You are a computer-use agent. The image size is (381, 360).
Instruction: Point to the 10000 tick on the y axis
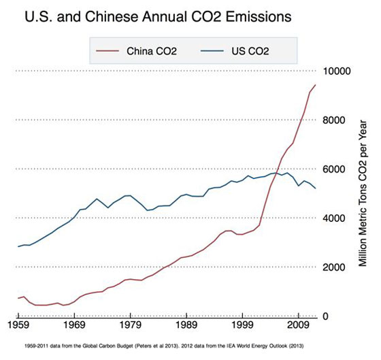click(x=338, y=71)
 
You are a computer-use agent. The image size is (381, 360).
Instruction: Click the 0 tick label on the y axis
click(x=326, y=316)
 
